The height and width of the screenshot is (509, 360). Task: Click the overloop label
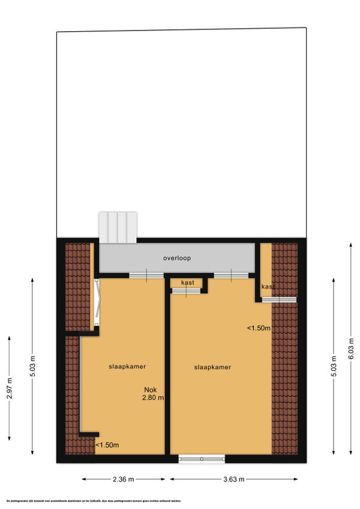pos(176,258)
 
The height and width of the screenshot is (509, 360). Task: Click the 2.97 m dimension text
pos(9,389)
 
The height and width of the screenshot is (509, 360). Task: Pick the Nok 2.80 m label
pos(153,393)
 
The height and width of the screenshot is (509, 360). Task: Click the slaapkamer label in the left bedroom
pos(127,366)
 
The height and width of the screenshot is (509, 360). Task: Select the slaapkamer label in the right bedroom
pos(212,368)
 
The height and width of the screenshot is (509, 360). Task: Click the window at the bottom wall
pos(202,459)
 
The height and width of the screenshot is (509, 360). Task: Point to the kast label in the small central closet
pos(187,282)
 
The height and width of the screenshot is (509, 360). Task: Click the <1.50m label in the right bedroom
pos(259,328)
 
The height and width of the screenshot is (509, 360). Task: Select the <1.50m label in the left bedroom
pos(107,444)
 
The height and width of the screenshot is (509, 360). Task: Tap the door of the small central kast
pos(186,291)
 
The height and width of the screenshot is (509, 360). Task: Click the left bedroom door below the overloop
pos(146,275)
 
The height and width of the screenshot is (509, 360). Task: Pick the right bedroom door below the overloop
pos(231,275)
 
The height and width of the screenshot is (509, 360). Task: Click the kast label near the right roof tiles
pos(268,287)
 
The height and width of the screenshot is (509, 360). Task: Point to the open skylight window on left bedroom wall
pos(98,305)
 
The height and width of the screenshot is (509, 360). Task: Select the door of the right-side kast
pos(278,299)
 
